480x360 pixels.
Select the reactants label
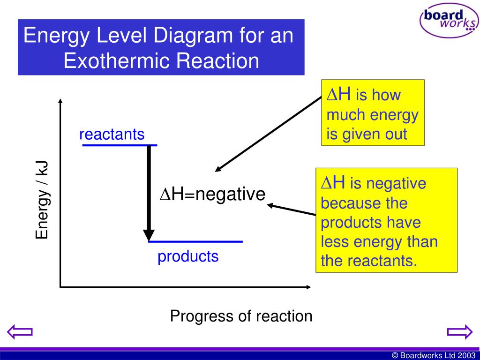pyautogui.click(x=112, y=135)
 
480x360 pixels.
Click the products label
pyautogui.click(x=188, y=256)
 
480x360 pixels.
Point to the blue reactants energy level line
pyautogui.click(x=119, y=145)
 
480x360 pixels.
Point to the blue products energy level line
pyautogui.click(x=195, y=241)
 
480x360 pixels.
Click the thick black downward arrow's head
pyautogui.click(x=149, y=234)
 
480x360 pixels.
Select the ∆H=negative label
pyautogui.click(x=213, y=194)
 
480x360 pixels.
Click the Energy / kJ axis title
pyautogui.click(x=43, y=199)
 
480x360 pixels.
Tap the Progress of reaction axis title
pyautogui.click(x=241, y=316)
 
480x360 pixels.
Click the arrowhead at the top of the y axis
pyautogui.click(x=60, y=101)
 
